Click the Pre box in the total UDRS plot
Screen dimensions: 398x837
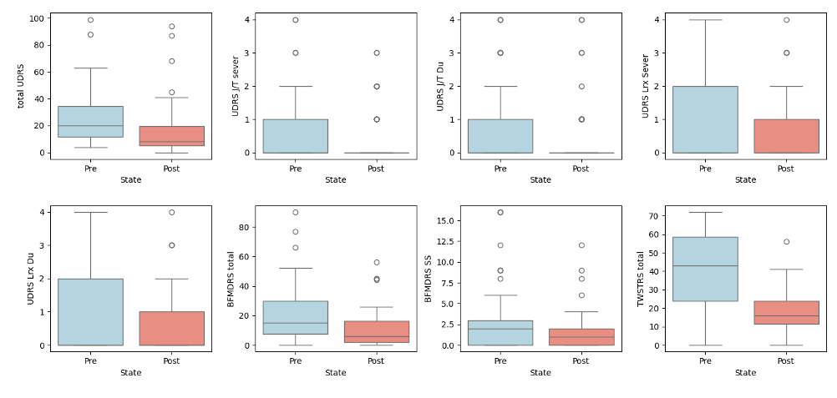click(x=90, y=122)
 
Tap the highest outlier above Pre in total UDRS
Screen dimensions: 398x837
click(x=90, y=20)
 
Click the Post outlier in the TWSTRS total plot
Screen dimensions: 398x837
click(x=786, y=242)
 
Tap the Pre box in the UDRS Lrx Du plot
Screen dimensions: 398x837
click(x=90, y=311)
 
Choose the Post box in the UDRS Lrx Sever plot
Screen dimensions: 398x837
click(x=786, y=135)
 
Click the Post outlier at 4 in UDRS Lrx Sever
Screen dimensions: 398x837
click(x=786, y=20)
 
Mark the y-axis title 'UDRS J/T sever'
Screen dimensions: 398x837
click(x=237, y=85)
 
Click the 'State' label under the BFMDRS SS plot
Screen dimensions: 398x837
click(x=540, y=373)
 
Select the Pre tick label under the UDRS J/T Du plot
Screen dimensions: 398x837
click(x=500, y=169)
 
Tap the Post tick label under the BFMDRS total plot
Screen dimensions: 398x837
click(x=376, y=360)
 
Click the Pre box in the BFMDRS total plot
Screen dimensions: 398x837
click(x=295, y=317)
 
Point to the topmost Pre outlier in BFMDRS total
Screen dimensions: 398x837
click(x=295, y=212)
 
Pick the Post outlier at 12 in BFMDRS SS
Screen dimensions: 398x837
click(x=581, y=245)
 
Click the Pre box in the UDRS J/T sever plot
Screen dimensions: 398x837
click(x=295, y=135)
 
